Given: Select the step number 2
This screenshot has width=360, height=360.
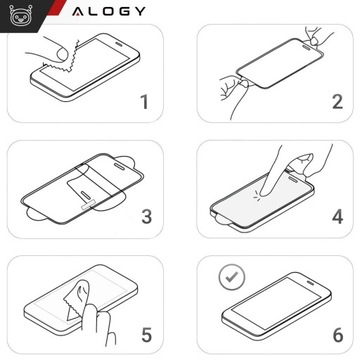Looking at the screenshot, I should point(336,102).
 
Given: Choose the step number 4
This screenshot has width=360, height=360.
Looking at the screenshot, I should point(336,216).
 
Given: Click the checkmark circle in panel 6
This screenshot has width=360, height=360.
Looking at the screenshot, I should point(233,273).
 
